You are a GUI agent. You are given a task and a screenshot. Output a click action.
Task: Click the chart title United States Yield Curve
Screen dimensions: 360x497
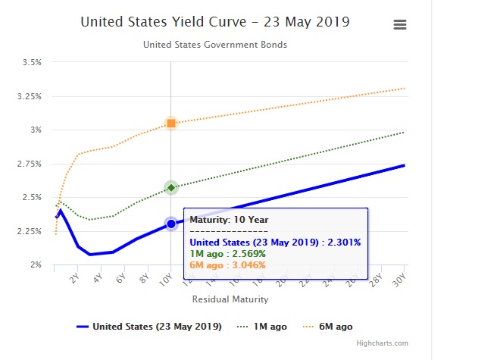214,21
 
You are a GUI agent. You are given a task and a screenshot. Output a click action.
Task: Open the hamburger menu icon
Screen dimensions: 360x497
400,24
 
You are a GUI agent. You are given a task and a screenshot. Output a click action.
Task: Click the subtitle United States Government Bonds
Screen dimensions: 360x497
215,45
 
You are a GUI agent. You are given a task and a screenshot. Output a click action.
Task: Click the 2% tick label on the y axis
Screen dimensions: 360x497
36,265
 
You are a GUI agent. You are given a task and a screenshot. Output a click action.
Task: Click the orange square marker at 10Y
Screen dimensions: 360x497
171,123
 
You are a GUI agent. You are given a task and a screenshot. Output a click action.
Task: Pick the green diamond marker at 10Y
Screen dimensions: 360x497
171,187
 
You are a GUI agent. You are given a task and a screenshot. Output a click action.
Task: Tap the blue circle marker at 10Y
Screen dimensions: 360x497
171,224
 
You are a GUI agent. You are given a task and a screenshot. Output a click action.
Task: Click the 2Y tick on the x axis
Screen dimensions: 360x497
73,278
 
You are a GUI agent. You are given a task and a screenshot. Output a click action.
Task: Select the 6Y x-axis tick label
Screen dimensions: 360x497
120,278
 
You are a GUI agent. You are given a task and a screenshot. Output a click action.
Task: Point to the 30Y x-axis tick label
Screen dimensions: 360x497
399,278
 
